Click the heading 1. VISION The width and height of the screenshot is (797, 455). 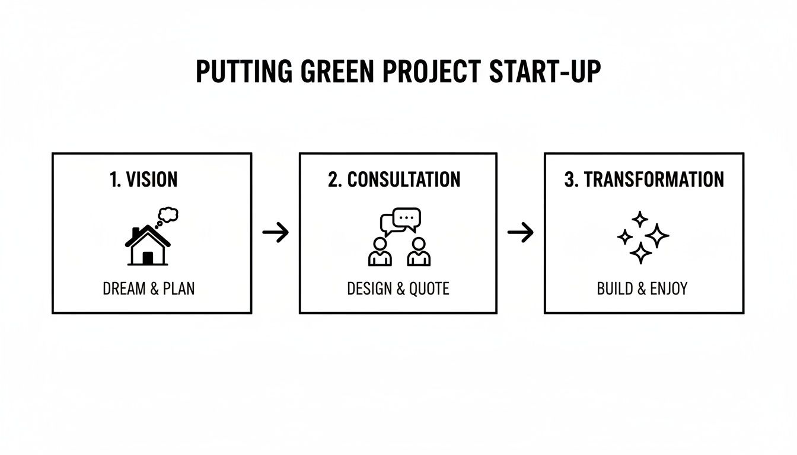[144, 180]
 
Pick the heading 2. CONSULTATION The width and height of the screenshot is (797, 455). [394, 180]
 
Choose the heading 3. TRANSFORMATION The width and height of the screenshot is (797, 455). [644, 180]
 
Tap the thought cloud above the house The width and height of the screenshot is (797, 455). [168, 214]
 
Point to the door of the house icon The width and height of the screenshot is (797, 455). [148, 257]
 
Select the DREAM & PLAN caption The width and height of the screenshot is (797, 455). [148, 289]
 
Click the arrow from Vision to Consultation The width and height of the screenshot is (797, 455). [275, 233]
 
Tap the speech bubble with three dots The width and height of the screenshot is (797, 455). [407, 217]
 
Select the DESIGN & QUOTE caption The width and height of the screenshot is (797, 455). [398, 289]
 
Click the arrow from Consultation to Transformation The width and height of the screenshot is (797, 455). [521, 233]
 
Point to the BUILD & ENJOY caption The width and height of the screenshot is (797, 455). [642, 289]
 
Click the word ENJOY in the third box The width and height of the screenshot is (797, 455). [669, 289]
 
